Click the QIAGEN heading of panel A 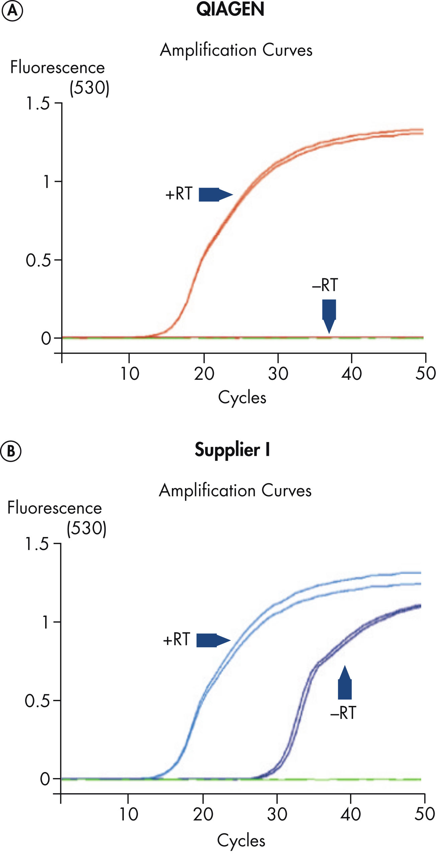click(x=230, y=9)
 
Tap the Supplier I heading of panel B click(x=232, y=450)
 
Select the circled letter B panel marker click(x=11, y=451)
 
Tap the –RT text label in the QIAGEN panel click(x=325, y=285)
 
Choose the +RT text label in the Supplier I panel click(x=177, y=639)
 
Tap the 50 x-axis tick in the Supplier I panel click(x=425, y=814)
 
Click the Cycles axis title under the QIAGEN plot click(x=242, y=398)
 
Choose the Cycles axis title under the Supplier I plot click(x=241, y=841)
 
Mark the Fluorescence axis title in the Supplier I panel click(x=55, y=508)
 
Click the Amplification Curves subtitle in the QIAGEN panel click(x=236, y=50)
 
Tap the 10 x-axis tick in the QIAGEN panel click(x=129, y=373)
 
